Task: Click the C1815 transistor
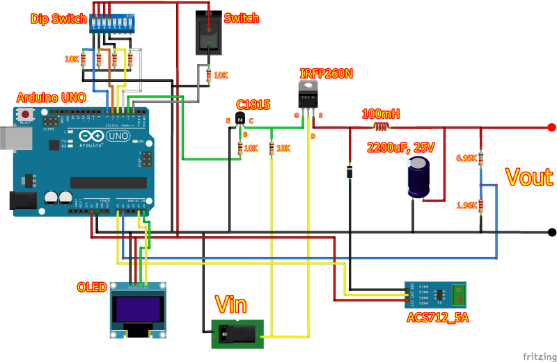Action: pos(240,120)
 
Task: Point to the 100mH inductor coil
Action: pos(380,127)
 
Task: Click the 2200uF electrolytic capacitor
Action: pos(418,176)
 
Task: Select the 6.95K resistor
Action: pos(481,158)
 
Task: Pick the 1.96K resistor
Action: pos(481,206)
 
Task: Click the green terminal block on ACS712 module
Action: pos(457,294)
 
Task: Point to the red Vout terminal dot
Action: pos(551,127)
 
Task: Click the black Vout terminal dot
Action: pos(551,232)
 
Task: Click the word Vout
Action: pos(528,177)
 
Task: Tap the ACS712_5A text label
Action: pos(437,318)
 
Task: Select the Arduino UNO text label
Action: pos(51,98)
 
